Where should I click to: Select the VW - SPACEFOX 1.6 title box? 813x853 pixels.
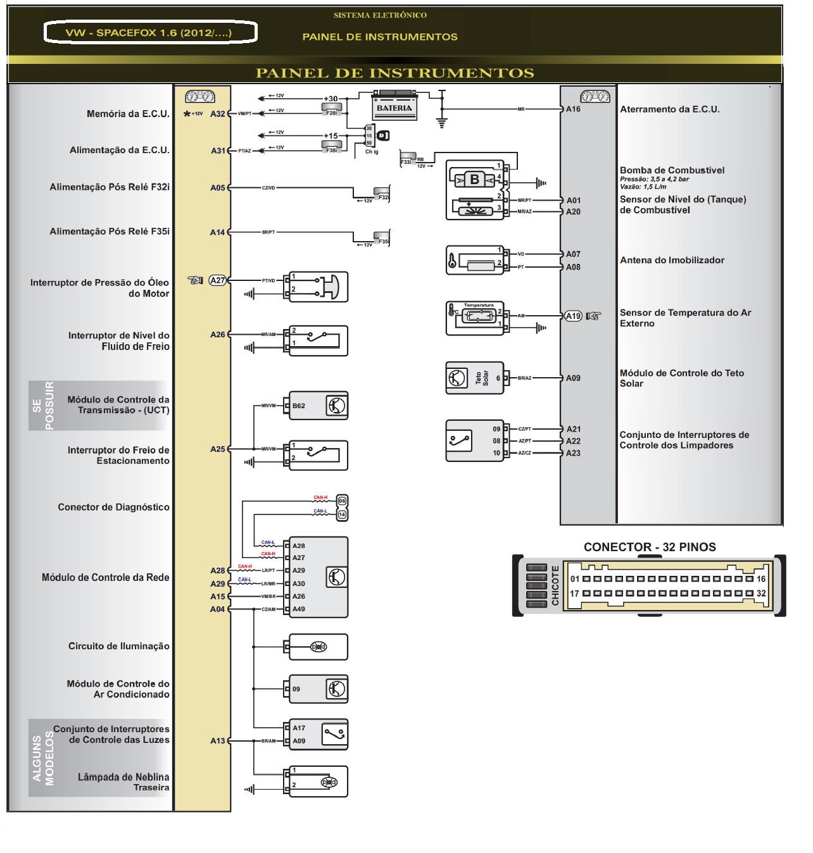pyautogui.click(x=150, y=33)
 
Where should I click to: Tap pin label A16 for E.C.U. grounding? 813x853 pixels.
pyautogui.click(x=573, y=109)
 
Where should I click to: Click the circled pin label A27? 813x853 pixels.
pyautogui.click(x=218, y=280)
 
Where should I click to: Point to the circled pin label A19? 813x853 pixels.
pyautogui.click(x=573, y=316)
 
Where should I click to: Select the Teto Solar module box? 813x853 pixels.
pyautogui.click(x=474, y=378)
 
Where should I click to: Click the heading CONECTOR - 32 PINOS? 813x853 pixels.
pyautogui.click(x=650, y=547)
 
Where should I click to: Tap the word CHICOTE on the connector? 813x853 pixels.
pyautogui.click(x=555, y=586)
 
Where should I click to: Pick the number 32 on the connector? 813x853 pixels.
pyautogui.click(x=761, y=594)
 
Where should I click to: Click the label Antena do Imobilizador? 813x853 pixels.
pyautogui.click(x=672, y=260)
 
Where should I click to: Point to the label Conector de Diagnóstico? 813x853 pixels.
pyautogui.click(x=113, y=507)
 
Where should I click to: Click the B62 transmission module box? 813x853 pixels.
pyautogui.click(x=318, y=406)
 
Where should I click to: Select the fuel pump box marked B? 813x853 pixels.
pyautogui.click(x=475, y=180)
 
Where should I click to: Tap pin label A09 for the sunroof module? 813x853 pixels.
pyautogui.click(x=573, y=378)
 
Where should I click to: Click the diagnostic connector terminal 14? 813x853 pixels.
pyautogui.click(x=342, y=514)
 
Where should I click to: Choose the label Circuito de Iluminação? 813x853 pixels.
pyautogui.click(x=119, y=646)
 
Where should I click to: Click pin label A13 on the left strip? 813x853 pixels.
pyautogui.click(x=218, y=740)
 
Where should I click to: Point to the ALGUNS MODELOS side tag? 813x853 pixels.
pyautogui.click(x=42, y=757)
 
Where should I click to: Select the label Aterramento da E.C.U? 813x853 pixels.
pyautogui.click(x=669, y=109)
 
